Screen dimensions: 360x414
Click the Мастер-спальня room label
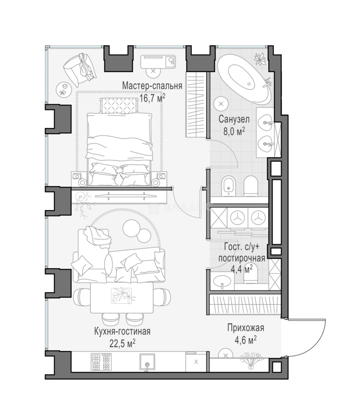pos(152,86)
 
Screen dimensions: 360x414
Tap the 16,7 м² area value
pos(152,98)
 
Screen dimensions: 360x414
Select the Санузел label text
pos(234,119)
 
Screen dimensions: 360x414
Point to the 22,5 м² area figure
pos(123,343)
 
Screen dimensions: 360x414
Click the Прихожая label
pos(245,328)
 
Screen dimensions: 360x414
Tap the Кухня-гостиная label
pos(123,331)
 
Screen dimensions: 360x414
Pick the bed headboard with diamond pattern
pos(119,105)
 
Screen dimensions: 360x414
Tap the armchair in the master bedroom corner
pos(79,69)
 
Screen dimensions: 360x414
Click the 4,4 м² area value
pos(242,269)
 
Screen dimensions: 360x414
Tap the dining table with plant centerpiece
pos(122,297)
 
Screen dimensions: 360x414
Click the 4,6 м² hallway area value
pos(245,340)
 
